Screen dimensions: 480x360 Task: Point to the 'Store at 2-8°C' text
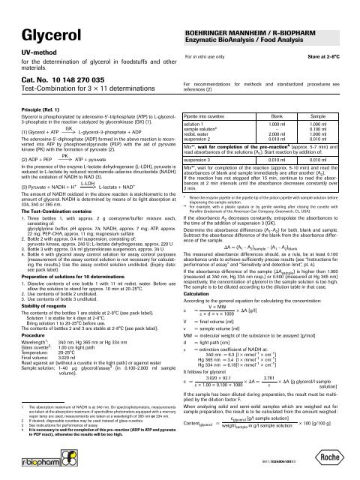(x=328, y=33)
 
